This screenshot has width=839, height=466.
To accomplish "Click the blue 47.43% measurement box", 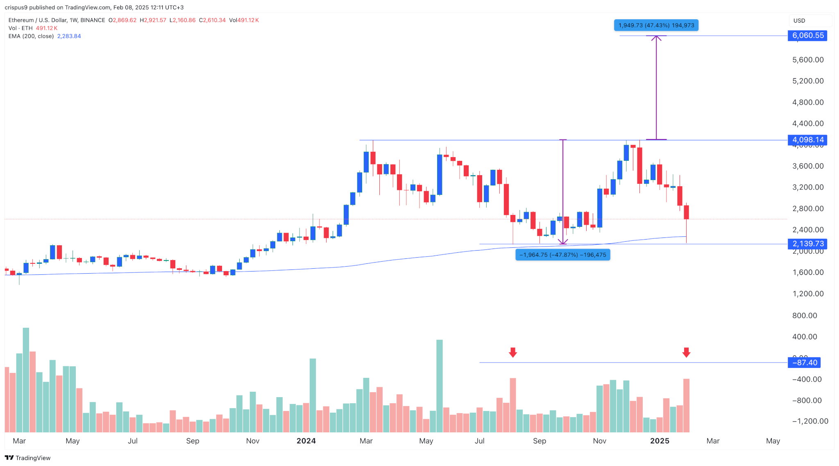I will coord(656,25).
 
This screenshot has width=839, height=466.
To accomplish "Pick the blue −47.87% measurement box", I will coord(562,255).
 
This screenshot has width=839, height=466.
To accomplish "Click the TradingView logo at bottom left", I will coord(28,458).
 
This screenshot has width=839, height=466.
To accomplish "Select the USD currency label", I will coord(799,21).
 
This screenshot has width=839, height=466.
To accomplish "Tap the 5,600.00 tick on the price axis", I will coord(808,60).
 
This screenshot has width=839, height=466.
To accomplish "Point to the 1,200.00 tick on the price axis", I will coord(808,294).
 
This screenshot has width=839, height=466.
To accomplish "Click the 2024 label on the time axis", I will coord(306,441).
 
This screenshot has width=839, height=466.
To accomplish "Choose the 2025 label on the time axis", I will coord(660,441).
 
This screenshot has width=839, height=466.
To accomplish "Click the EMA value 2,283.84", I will coord(69,36).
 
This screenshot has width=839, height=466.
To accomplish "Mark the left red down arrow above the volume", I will coord(513,352).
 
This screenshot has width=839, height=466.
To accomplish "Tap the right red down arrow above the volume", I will coord(686,352).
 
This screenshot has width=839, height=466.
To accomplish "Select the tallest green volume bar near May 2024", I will coord(440,386).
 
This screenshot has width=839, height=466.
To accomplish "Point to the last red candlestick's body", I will coord(686,212).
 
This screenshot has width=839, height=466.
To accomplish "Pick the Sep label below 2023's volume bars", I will coord(193,441).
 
